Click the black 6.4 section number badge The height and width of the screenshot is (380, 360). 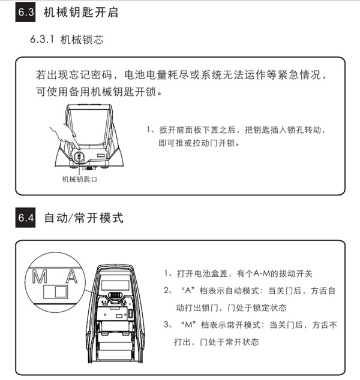pyautogui.click(x=26, y=218)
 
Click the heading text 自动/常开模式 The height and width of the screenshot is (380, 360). pyautogui.click(x=84, y=218)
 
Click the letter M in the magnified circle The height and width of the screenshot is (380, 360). pyautogui.click(x=40, y=277)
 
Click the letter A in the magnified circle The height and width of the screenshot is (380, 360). pyautogui.click(x=71, y=277)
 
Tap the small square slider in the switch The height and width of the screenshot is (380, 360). pyautogui.click(x=59, y=292)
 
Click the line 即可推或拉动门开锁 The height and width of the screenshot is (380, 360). pyautogui.click(x=199, y=144)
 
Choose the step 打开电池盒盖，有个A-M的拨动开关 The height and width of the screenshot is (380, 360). pyautogui.click(x=246, y=274)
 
